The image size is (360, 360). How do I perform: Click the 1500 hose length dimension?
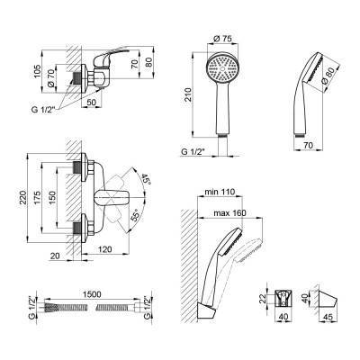click(x=91, y=294)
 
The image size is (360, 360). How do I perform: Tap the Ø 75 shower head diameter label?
click(x=223, y=39)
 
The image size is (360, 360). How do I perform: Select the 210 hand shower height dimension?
click(x=188, y=94)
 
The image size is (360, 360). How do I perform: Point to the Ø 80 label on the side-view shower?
click(x=327, y=77)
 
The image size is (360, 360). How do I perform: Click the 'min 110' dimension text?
click(x=220, y=192)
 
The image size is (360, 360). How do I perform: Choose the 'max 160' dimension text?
click(x=229, y=213)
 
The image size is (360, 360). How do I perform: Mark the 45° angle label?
click(x=146, y=179)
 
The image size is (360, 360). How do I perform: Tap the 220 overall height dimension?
click(x=23, y=198)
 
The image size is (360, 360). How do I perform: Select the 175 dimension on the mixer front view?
click(x=38, y=198)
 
